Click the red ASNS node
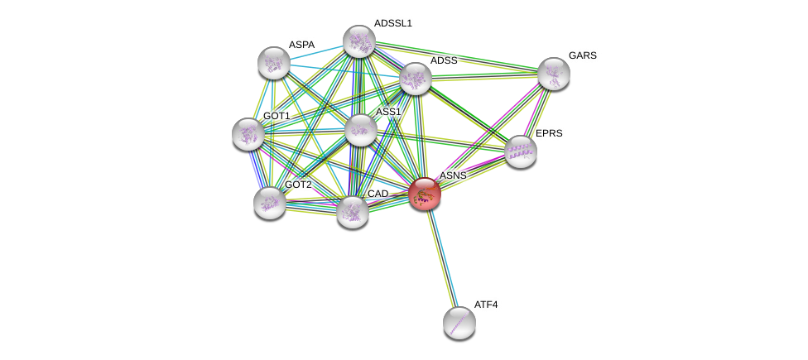pos(425,194)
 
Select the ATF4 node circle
pos(459,323)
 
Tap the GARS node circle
pos(554,74)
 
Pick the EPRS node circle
pos(521,151)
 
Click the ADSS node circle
pos(416,79)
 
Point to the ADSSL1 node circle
pos(359,41)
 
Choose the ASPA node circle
pos(274,63)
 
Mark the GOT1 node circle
pos(248,134)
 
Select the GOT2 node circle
pos(270,203)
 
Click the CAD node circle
pos(353,212)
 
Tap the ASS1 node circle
pos(361,130)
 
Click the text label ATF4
pos(486,305)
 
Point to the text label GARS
pos(583,55)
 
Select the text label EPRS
pos(548,133)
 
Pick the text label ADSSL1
pos(392,23)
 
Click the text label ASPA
pos(301,45)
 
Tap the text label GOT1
pos(277,116)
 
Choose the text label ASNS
pos(453,175)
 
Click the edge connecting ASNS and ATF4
pos(442,258)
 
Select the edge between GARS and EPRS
pos(537,113)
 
